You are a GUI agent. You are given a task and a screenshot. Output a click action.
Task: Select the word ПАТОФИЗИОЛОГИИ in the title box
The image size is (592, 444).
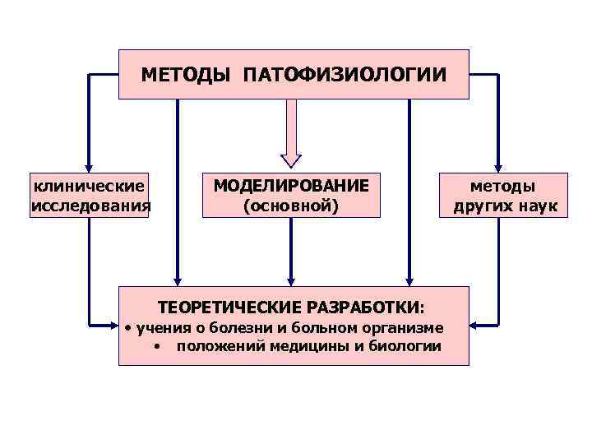345,75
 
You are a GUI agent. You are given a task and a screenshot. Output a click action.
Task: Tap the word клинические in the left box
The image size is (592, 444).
90,187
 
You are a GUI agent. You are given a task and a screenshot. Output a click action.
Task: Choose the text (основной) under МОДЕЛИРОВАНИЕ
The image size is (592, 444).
291,205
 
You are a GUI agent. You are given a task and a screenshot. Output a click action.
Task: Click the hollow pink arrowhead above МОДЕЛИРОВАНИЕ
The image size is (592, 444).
291,160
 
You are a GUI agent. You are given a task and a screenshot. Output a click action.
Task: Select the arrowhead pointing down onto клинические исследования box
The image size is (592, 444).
89,165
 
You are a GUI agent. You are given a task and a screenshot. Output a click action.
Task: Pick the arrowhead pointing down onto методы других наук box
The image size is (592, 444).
498,165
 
